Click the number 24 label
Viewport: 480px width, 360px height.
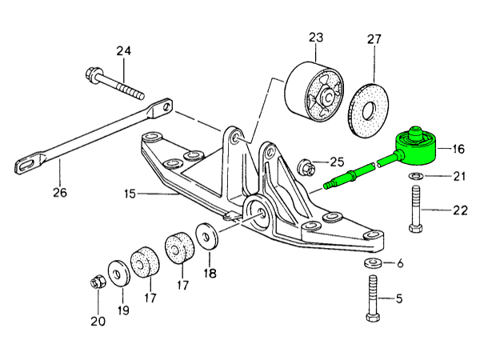tap(122, 51)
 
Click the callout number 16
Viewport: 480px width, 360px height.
tap(458, 149)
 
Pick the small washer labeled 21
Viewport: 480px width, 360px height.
tap(416, 175)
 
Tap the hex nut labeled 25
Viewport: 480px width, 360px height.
tap(304, 168)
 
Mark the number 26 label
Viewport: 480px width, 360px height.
tap(60, 192)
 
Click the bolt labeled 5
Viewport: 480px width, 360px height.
tap(374, 300)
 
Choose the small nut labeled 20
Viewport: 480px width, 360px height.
tap(97, 282)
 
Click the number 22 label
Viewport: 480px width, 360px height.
tap(458, 210)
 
